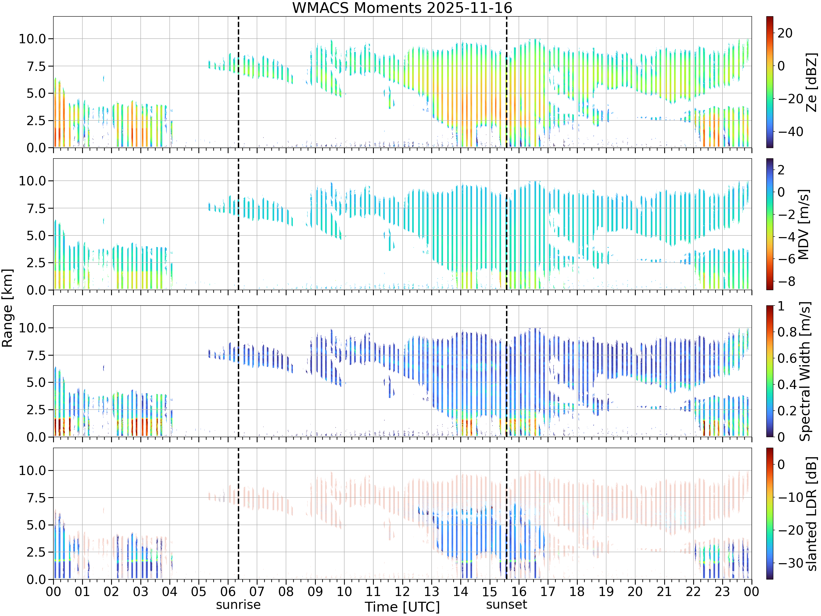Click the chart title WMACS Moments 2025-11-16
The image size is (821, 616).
pos(402,8)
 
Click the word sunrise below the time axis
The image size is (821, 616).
pos(238,605)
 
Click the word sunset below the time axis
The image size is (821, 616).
pos(507,605)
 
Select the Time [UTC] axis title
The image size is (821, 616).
pos(402,607)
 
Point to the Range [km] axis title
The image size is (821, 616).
pos(7,308)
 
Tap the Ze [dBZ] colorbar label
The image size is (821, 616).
pos(812,82)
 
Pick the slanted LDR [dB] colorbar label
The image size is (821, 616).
pos(812,514)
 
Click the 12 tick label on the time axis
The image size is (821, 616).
pos(402,591)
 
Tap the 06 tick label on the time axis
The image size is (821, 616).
pos(228,591)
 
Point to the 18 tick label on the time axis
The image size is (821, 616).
pos(577,591)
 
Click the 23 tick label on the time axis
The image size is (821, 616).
pos(722,591)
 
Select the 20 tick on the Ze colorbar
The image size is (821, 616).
pos(785,33)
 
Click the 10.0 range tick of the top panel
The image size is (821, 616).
pos(32,39)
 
